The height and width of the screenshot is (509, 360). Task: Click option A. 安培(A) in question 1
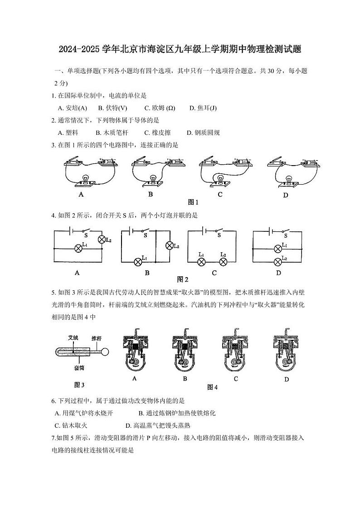[x=73, y=108]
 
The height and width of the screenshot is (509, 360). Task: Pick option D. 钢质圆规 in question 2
[x=203, y=132]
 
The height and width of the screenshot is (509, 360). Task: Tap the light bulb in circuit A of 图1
[x=84, y=179]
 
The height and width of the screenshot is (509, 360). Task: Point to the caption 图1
[x=194, y=202]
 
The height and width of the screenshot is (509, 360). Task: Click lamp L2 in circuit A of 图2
[x=102, y=240]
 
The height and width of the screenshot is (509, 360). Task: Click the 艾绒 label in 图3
[x=73, y=338]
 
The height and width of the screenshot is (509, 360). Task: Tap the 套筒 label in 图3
[x=79, y=368]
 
